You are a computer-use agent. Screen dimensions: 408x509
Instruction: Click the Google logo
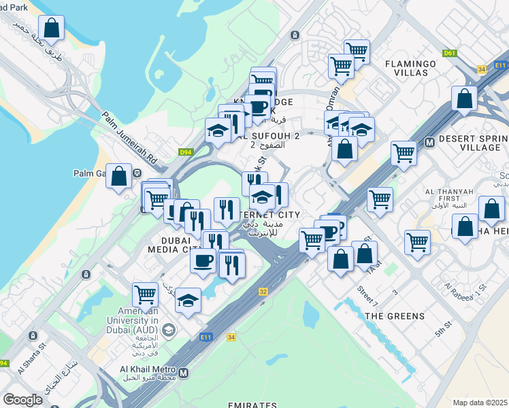tap(22, 400)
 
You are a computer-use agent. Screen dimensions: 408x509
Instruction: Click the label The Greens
tap(395, 316)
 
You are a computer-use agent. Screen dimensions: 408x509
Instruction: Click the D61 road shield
tap(449, 53)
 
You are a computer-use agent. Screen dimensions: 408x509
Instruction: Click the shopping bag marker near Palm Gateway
tap(119, 177)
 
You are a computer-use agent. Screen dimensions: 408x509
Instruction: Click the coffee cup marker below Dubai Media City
tap(203, 261)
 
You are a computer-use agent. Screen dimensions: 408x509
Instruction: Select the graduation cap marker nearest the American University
tap(188, 301)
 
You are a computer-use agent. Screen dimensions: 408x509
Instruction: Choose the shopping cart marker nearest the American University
tap(145, 294)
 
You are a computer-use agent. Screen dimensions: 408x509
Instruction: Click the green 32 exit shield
tap(263, 291)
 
